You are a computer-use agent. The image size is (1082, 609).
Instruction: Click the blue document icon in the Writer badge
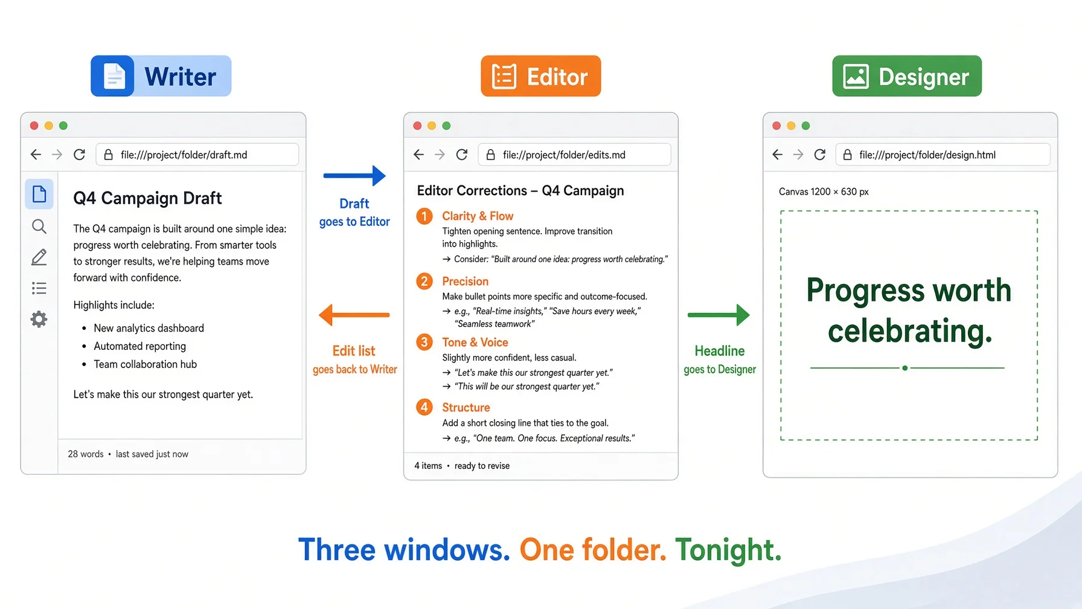113,76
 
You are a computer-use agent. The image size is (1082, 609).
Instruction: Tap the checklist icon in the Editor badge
504,76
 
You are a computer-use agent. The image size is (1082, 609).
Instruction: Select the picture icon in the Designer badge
856,77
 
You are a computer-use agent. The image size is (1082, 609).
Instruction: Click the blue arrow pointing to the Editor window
354,176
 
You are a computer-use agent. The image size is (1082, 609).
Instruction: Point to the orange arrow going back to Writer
354,315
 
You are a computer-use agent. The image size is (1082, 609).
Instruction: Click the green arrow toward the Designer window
719,315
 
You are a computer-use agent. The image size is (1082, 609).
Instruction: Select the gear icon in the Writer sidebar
39,319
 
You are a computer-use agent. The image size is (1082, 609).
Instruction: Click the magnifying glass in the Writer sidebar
39,227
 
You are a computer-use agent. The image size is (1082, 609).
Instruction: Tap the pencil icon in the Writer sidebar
39,257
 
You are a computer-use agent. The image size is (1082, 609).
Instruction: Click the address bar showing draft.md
197,155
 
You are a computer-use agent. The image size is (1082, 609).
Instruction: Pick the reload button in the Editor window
462,155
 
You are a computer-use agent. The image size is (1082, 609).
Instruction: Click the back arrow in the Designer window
778,155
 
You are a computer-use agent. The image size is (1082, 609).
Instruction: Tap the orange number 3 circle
424,342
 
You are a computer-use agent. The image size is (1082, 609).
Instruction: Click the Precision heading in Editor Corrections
465,281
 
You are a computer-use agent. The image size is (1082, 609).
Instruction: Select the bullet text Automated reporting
140,346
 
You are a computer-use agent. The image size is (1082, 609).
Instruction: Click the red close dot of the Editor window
417,126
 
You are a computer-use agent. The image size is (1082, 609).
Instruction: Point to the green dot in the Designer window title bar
805,126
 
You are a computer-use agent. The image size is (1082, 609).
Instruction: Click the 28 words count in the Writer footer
86,454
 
